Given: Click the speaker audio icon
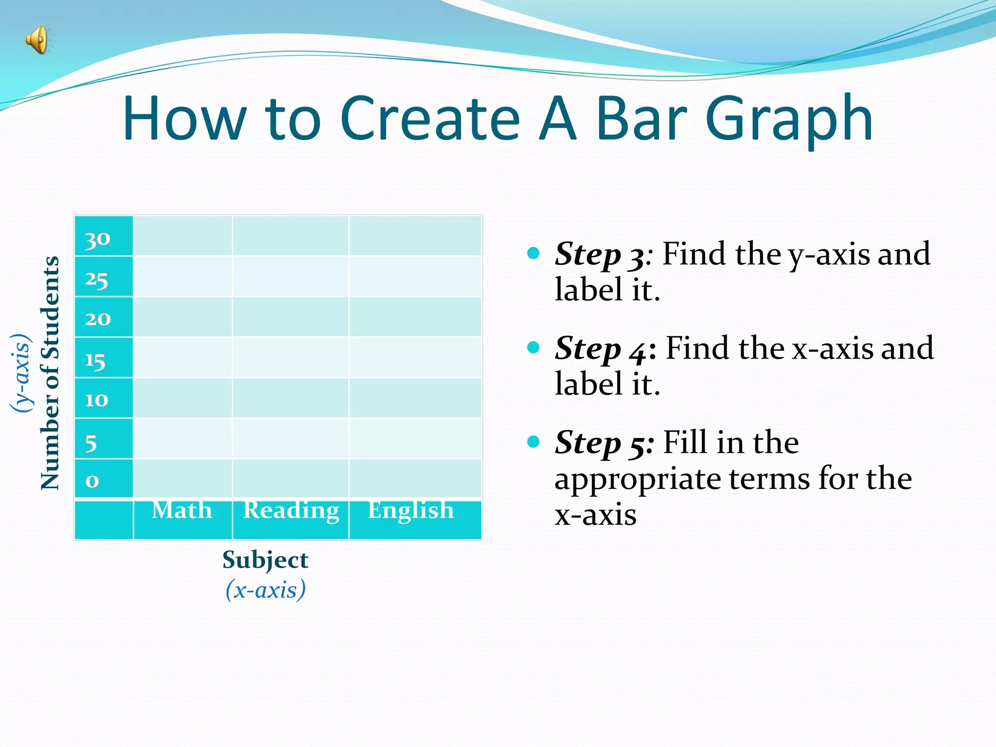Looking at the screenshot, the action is [x=39, y=39].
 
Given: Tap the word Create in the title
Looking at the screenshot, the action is [x=430, y=118].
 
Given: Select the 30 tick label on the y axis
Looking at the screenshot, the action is [x=97, y=239].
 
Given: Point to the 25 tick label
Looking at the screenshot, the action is [x=96, y=280].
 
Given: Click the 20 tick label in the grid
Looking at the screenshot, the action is [x=98, y=319].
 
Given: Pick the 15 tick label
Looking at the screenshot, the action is [x=95, y=361].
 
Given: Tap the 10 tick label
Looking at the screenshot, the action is [x=96, y=400].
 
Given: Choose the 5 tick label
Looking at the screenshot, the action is [x=91, y=443].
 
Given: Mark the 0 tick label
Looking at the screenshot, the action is [x=92, y=481].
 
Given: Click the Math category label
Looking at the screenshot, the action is [x=182, y=510].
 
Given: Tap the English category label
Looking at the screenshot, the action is [x=411, y=511].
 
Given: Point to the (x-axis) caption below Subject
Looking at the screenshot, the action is [x=266, y=589].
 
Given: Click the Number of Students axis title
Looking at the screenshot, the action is [x=50, y=373].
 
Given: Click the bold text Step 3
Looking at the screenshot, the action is [x=600, y=254].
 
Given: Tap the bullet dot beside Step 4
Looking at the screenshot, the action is [x=534, y=347].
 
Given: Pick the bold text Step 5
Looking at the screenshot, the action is [x=604, y=443].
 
